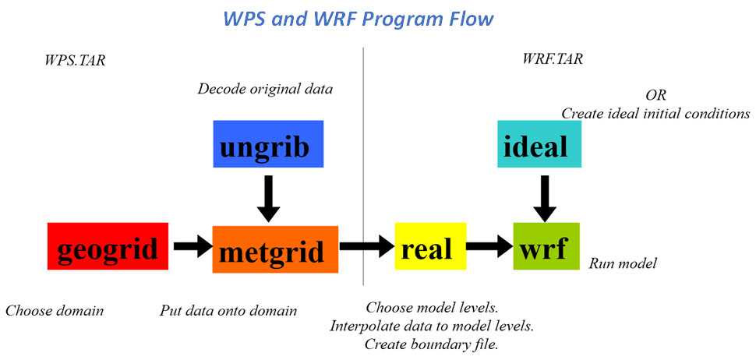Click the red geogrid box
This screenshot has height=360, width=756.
click(108, 246)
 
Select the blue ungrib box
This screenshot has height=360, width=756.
click(268, 143)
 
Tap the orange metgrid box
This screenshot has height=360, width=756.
click(275, 249)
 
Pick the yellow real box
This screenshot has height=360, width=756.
click(430, 246)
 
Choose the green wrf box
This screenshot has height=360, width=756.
click(546, 246)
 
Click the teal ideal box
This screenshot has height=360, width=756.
click(539, 143)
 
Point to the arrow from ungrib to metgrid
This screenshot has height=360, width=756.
click(269, 198)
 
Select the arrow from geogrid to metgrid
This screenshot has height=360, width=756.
click(193, 246)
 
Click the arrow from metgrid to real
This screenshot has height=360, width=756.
click(367, 246)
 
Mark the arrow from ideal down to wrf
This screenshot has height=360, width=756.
click(545, 199)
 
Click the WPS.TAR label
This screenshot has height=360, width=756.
click(74, 61)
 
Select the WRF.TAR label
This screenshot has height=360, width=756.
click(553, 59)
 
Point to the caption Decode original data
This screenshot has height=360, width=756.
click(265, 90)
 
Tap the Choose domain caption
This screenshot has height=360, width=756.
click(55, 311)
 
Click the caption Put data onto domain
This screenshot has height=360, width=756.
click(228, 311)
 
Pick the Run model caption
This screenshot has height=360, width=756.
click(623, 264)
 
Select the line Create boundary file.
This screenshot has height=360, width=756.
click(432, 344)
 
